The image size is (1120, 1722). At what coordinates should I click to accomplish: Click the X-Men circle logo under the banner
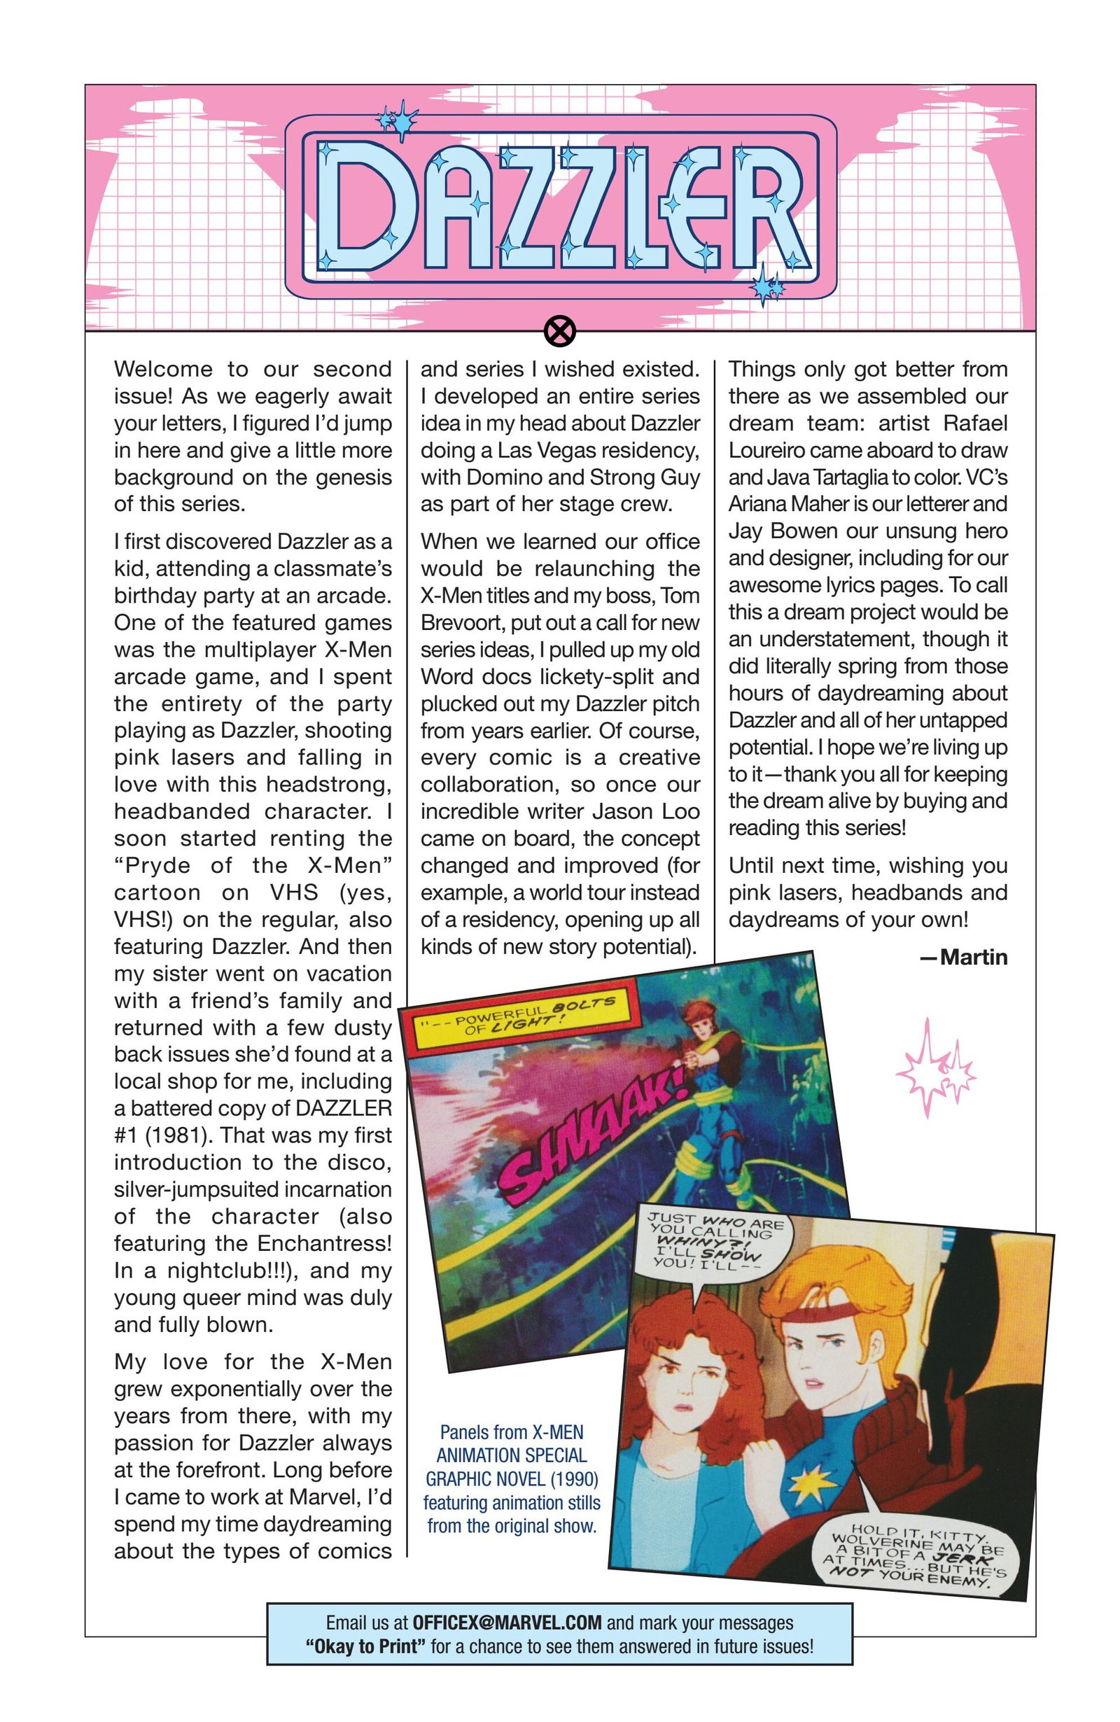(559, 332)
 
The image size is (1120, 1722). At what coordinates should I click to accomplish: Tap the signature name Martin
(973, 957)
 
